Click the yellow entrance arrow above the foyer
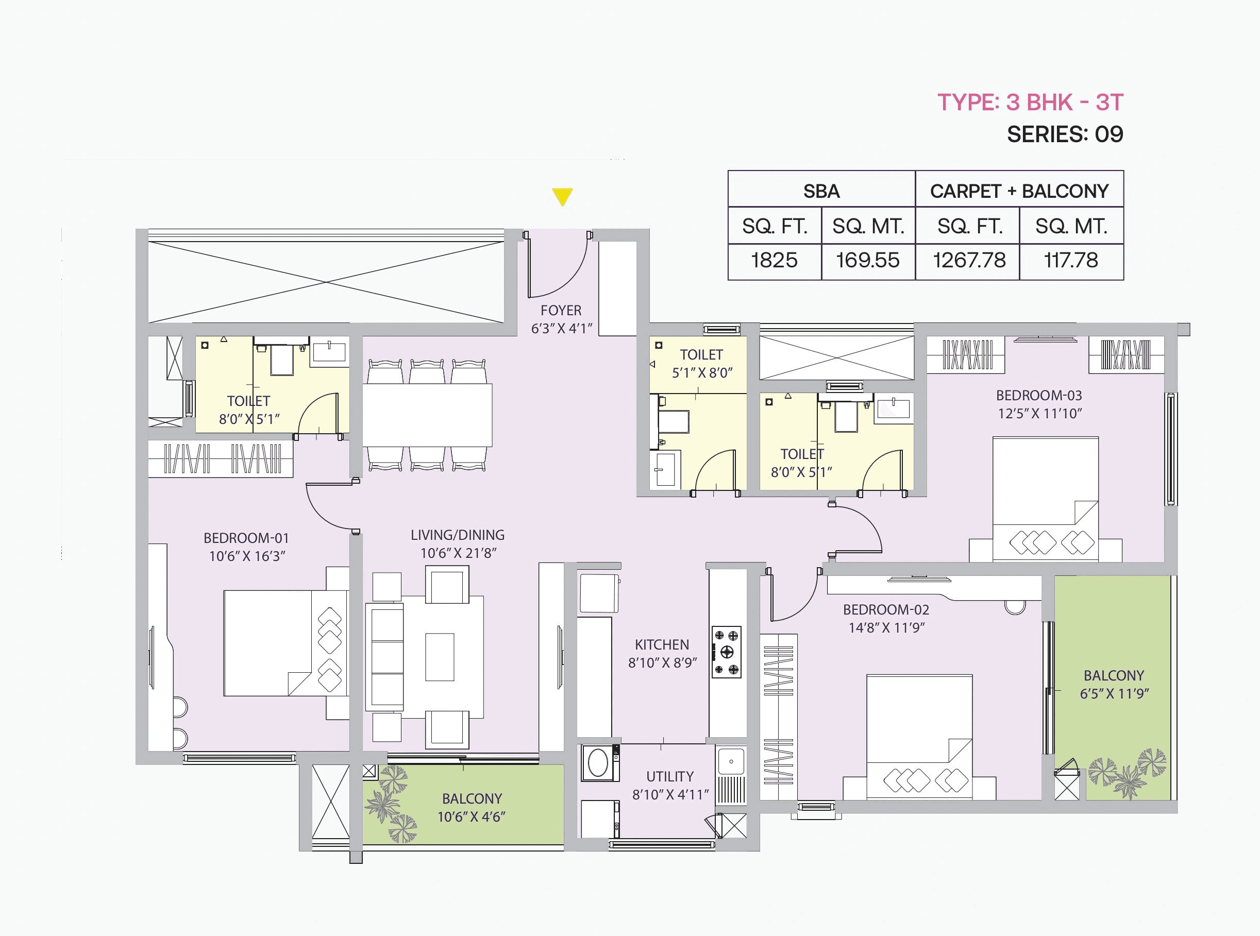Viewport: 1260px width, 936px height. point(562,197)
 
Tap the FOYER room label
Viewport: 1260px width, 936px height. point(561,311)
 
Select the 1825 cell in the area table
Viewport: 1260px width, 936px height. point(774,261)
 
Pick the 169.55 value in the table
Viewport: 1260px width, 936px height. point(868,261)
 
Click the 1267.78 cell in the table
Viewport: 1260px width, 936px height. point(969,261)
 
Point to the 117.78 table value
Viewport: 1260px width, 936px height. point(1071,261)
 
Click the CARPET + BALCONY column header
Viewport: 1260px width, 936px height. point(1019,192)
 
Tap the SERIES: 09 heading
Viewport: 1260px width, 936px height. point(1065,135)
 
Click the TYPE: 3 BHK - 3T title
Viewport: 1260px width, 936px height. point(1030,103)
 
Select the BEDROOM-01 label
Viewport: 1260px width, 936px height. point(246,538)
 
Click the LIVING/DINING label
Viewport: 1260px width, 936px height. point(458,535)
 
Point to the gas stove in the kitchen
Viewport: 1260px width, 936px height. point(727,652)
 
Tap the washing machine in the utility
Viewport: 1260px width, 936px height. point(598,763)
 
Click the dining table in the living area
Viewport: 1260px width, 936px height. point(427,415)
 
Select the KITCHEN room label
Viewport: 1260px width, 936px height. point(662,645)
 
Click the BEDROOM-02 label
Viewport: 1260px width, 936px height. point(886,609)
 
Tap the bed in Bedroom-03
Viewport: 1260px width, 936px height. point(1045,499)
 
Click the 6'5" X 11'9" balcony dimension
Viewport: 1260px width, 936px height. point(1114,693)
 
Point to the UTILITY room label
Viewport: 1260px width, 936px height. point(670,776)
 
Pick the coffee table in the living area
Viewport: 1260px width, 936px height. point(439,657)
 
